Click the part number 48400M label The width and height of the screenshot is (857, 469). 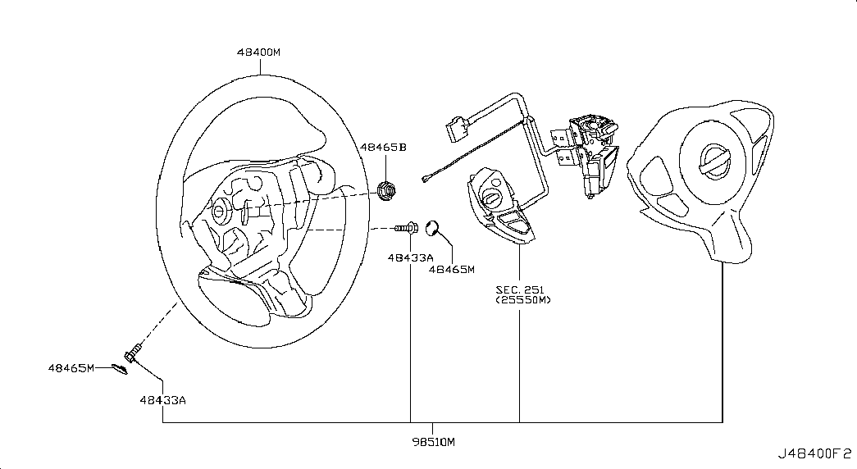[258, 52]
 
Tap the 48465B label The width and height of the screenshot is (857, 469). [383, 148]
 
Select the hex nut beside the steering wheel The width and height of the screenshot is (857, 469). [386, 190]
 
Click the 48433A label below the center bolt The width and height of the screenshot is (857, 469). [411, 257]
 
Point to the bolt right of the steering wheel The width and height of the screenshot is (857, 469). [406, 227]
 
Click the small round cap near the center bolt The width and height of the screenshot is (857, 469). [433, 227]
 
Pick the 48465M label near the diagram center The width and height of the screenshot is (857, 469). [451, 270]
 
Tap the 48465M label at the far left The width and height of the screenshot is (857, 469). [71, 368]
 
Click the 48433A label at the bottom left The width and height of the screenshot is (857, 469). [163, 400]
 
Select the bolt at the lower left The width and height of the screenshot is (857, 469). [134, 352]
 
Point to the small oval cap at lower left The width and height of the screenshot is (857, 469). [119, 369]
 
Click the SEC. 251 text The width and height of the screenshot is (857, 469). [520, 289]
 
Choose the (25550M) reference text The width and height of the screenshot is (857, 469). [523, 300]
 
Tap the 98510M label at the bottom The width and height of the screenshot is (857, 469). [433, 442]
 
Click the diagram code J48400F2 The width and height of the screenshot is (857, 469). [814, 453]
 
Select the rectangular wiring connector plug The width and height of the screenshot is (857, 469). [458, 128]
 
